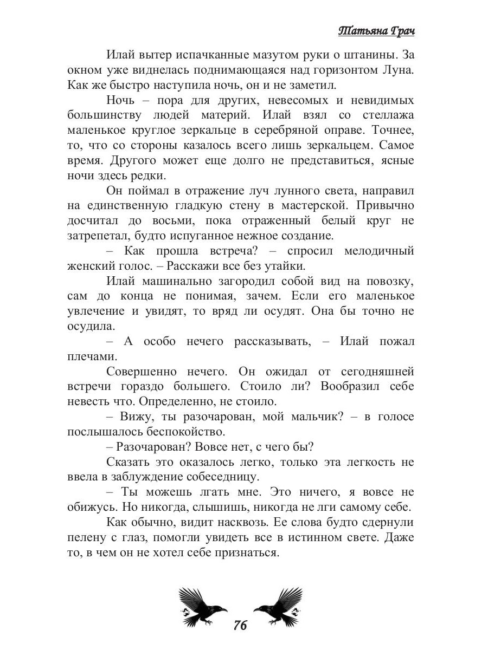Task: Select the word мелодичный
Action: [x=373, y=251]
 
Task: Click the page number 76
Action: [x=240, y=626]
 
